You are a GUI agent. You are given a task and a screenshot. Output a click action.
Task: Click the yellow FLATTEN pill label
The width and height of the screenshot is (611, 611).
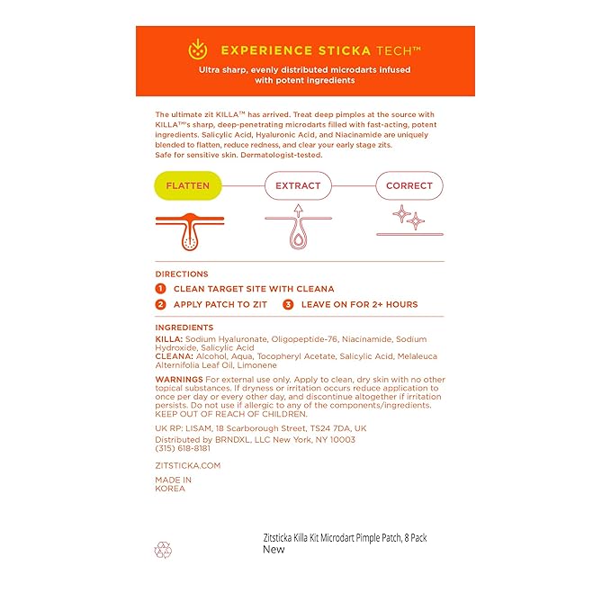click(187, 186)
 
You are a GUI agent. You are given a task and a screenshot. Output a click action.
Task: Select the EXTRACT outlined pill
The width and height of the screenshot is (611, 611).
click(298, 186)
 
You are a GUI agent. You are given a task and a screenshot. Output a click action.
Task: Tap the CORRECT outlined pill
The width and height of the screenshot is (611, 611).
click(409, 186)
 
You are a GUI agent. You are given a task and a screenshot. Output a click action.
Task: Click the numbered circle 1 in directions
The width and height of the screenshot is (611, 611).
click(160, 289)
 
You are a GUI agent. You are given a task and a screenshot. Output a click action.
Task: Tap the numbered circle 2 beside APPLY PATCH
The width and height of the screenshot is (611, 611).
click(160, 304)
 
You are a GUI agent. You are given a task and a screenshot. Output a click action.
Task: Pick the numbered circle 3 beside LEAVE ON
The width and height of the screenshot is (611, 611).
click(288, 304)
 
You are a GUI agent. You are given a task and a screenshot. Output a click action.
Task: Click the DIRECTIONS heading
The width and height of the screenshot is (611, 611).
click(181, 274)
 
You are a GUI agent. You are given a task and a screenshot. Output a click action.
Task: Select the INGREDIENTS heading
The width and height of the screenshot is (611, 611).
click(184, 328)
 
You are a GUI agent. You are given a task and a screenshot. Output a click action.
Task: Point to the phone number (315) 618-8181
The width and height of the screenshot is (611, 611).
click(183, 448)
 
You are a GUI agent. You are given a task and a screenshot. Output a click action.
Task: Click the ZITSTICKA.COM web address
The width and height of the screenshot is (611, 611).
click(187, 465)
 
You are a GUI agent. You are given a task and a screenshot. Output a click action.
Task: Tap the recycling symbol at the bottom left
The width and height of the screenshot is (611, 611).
click(163, 548)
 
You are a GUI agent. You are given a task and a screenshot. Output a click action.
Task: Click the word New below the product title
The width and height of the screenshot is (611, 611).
click(274, 549)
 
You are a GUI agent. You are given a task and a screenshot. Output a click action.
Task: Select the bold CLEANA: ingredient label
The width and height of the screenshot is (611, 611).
click(174, 356)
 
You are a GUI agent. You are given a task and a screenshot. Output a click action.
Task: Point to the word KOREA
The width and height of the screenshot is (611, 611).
click(170, 489)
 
